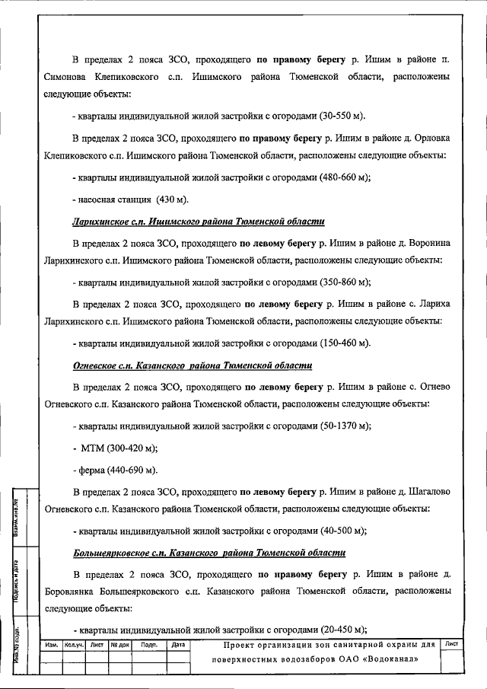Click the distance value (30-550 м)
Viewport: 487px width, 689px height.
[339, 116]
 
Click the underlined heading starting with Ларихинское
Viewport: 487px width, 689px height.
[198, 222]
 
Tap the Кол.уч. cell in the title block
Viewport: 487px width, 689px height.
[73, 645]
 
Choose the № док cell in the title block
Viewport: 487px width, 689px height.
[120, 645]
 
